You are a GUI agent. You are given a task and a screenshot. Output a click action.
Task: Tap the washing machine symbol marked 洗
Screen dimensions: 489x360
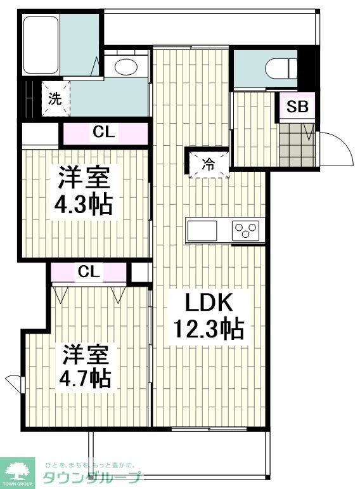click(x=55, y=98)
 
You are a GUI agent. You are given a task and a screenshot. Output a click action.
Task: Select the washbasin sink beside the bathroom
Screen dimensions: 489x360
click(x=125, y=66)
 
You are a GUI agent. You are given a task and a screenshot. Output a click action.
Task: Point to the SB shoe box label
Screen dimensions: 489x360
click(x=297, y=107)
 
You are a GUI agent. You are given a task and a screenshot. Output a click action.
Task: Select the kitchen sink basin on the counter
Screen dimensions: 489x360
click(x=202, y=230)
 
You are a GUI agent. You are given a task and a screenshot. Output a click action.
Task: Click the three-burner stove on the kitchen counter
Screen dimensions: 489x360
click(x=247, y=230)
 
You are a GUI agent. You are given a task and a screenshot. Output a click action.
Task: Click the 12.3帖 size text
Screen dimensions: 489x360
click(x=209, y=330)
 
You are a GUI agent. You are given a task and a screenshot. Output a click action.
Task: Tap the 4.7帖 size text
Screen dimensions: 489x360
click(x=87, y=378)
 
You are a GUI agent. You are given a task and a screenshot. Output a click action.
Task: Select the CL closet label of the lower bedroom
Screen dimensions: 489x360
click(x=89, y=271)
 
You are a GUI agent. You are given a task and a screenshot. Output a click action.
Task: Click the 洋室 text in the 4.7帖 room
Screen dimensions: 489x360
click(x=87, y=353)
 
